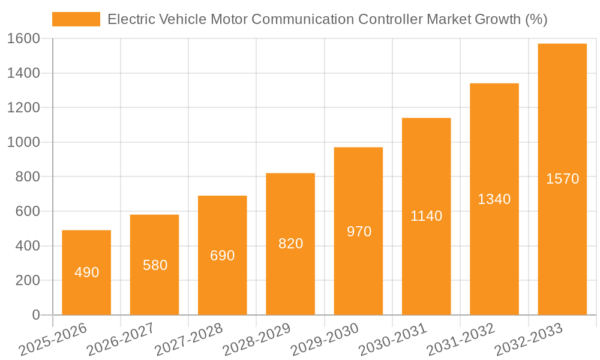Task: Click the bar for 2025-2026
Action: (x=86, y=273)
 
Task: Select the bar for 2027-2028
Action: (x=223, y=255)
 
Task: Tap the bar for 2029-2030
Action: (x=358, y=231)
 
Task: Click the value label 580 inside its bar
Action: (x=155, y=265)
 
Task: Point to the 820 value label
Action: (x=290, y=244)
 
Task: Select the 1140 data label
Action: (x=426, y=216)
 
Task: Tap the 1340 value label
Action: (x=494, y=199)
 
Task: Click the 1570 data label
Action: (x=562, y=179)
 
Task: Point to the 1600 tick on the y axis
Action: (x=23, y=38)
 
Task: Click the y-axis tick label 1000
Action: (x=23, y=142)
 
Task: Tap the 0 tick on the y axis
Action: (x=35, y=315)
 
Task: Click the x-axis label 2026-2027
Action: (x=121, y=339)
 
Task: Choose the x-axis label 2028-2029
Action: (x=256, y=339)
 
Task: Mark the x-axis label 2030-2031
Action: (x=392, y=339)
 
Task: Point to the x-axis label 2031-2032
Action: (x=460, y=339)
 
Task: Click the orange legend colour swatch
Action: (x=76, y=19)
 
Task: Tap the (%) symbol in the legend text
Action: (x=536, y=19)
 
